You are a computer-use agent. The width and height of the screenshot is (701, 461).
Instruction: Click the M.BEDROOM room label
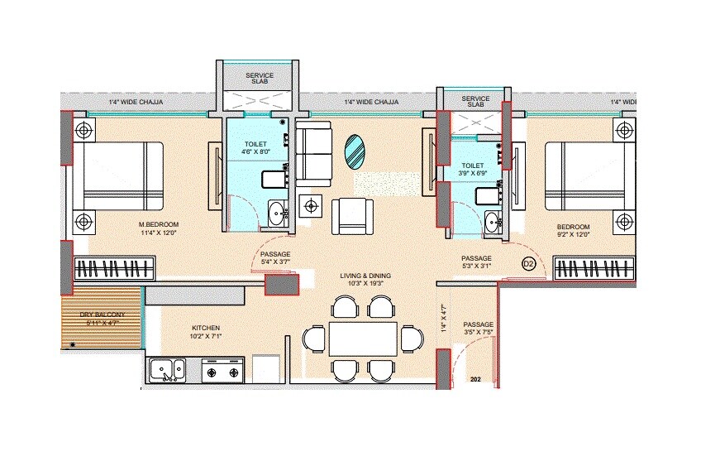158,224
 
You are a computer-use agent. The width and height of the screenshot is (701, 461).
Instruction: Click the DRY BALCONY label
103,315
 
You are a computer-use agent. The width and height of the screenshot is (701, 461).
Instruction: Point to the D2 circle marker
529,264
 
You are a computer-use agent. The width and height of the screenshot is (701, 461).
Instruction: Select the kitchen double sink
168,369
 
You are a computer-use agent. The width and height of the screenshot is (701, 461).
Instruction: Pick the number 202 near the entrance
475,379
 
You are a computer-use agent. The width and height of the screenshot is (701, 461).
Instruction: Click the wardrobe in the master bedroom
116,269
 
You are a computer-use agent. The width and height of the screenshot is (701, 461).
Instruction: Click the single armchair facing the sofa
353,216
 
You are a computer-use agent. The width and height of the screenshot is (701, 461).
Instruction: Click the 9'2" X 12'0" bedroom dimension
572,235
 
